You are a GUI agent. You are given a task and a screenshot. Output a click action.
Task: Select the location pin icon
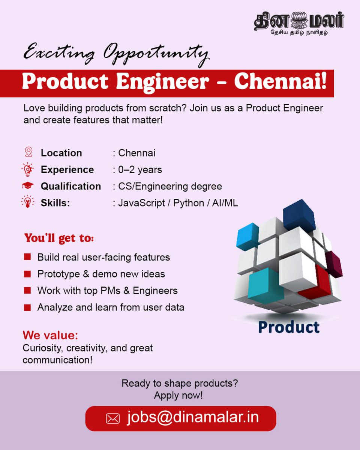pos(28,152)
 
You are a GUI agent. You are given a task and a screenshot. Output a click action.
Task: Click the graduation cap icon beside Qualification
pos(27,186)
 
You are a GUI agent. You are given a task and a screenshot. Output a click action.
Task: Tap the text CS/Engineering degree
pos(170,186)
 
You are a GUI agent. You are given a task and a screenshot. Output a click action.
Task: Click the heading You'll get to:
pos(59,238)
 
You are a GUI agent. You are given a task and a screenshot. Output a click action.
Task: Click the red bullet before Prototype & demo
pos(27,274)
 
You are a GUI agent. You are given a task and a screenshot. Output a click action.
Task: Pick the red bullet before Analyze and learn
pos(27,308)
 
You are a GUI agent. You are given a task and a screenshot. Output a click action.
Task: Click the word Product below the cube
pos(288,327)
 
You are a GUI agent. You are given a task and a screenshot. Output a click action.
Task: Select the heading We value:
pos(50,335)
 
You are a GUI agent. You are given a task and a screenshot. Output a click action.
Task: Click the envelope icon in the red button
pos(112,418)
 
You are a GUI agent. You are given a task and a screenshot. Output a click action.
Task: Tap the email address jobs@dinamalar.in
pos(193,417)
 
